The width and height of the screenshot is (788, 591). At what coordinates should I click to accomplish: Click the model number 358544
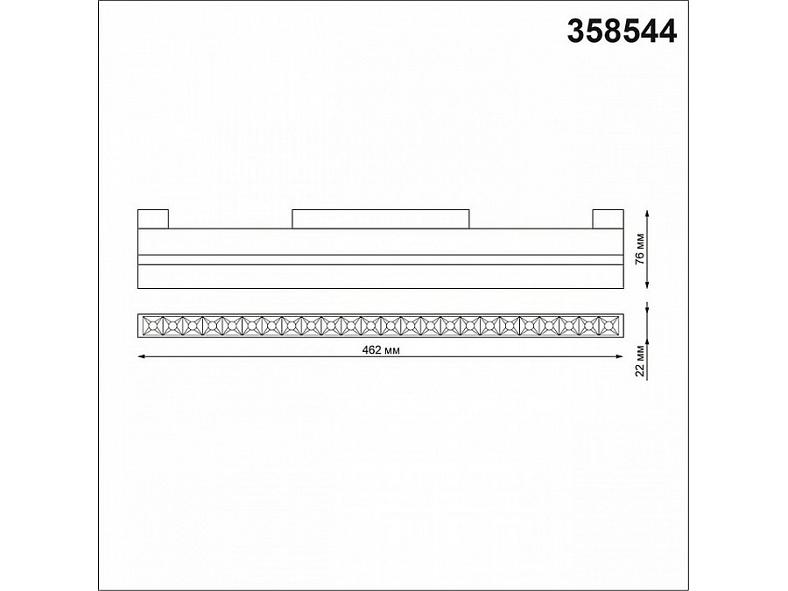[623, 32]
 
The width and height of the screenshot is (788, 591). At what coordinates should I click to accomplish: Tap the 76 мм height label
[641, 249]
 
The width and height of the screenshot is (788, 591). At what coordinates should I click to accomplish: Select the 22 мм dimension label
[641, 359]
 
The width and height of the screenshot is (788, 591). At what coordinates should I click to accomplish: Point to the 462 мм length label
[382, 350]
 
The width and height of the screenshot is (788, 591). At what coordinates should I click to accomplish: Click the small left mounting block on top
[154, 219]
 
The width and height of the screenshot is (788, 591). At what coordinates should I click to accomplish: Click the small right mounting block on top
[607, 219]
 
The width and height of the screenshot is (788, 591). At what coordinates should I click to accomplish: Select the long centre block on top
[381, 219]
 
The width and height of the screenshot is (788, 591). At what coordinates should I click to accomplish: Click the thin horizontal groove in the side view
[381, 260]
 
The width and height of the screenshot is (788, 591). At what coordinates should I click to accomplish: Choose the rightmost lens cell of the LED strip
[610, 325]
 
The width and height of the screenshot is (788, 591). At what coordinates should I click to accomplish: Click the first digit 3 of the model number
[578, 32]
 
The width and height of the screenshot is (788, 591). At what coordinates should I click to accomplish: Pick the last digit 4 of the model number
[667, 32]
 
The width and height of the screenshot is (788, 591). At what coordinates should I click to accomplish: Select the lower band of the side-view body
[381, 276]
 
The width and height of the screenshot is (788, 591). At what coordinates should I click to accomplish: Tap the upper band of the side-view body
[381, 242]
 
